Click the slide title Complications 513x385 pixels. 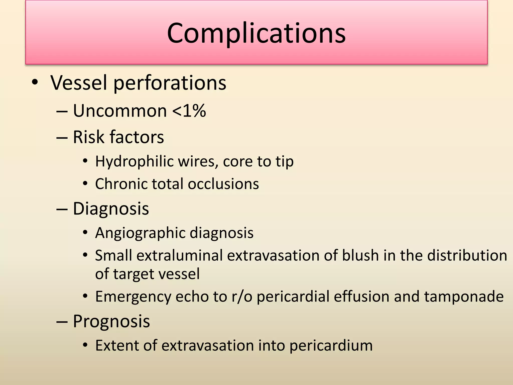[256, 33]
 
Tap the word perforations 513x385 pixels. [170, 83]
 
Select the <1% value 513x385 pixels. [189, 111]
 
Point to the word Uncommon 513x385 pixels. [120, 111]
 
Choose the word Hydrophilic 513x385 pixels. [134, 161]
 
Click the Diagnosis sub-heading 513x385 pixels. [111, 209]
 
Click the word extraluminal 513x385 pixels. [180, 256]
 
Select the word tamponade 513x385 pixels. [464, 297]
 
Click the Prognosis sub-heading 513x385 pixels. [111, 321]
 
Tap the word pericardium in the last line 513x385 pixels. [331, 346]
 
